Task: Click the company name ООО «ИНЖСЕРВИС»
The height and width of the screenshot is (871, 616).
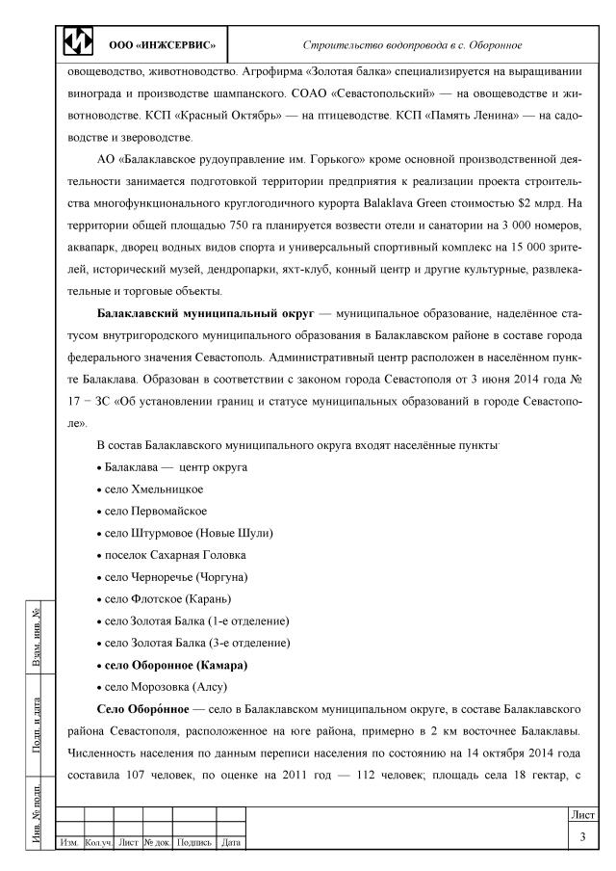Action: click(161, 45)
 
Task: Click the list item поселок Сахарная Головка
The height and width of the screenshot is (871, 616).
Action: click(174, 554)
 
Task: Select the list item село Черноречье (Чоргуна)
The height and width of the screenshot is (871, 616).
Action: click(177, 576)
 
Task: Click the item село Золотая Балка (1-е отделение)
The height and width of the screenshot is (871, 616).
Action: click(196, 620)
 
